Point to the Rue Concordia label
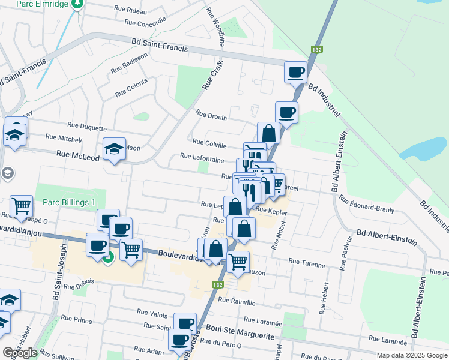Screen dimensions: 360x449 coord(145,22)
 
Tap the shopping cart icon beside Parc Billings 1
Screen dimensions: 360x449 coord(22,206)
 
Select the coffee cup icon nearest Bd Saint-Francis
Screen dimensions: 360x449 coord(295,73)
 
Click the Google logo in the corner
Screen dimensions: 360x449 coord(20,353)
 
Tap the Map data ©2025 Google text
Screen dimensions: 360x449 coord(411,355)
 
